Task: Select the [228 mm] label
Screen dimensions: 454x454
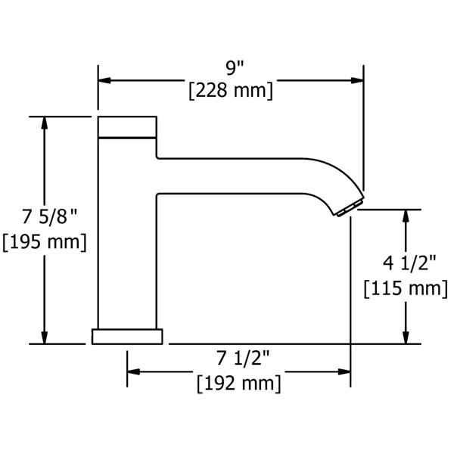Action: tap(231, 91)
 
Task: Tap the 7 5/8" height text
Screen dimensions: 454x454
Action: tap(50, 216)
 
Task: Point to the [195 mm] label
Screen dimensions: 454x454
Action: tap(45, 242)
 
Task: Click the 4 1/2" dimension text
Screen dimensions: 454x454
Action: tap(409, 263)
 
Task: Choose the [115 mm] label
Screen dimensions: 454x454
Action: tap(406, 288)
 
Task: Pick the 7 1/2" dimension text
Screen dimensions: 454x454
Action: tap(243, 358)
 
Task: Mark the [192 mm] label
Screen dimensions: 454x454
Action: tap(239, 384)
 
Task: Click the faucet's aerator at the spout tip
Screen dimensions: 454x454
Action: tap(349, 208)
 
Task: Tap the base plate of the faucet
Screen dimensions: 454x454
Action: tap(127, 337)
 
